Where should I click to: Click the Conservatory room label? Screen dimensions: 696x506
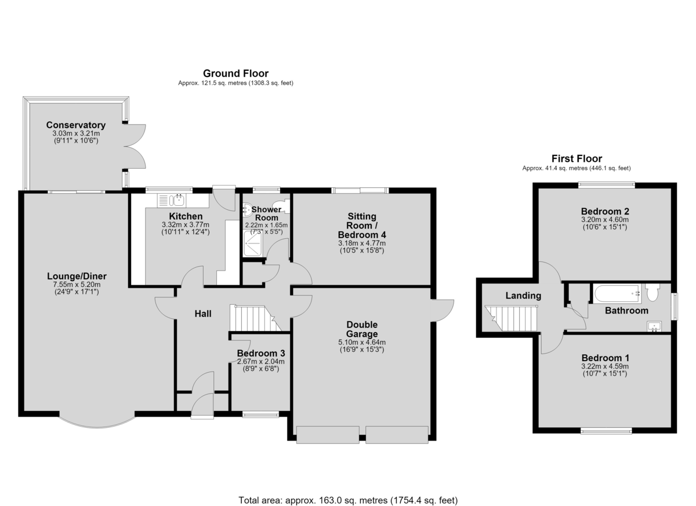click(x=76, y=125)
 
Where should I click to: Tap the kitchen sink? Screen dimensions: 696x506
click(x=172, y=200)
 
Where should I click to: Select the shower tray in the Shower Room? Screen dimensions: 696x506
click(x=253, y=243)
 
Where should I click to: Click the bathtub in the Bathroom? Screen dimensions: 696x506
click(x=617, y=293)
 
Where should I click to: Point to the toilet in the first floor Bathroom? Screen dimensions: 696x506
click(x=652, y=292)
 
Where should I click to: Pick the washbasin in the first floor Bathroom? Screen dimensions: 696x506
click(x=654, y=326)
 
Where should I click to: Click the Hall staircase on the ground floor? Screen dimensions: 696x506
click(x=255, y=318)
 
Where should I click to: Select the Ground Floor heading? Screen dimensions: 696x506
click(x=235, y=74)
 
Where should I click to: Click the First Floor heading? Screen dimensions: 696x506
click(x=577, y=159)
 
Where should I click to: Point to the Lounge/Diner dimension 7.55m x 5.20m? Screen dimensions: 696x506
click(x=77, y=285)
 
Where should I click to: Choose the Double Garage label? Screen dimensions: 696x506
click(x=362, y=329)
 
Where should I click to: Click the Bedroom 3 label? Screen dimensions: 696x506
click(x=261, y=353)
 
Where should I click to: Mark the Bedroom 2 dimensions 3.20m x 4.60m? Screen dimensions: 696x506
click(x=605, y=220)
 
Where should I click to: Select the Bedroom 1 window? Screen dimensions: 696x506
click(x=606, y=431)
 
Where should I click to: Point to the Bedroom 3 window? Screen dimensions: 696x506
click(x=260, y=414)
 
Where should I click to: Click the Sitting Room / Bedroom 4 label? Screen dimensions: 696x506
click(x=362, y=225)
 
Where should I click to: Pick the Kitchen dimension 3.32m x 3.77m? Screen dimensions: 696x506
click(x=186, y=224)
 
